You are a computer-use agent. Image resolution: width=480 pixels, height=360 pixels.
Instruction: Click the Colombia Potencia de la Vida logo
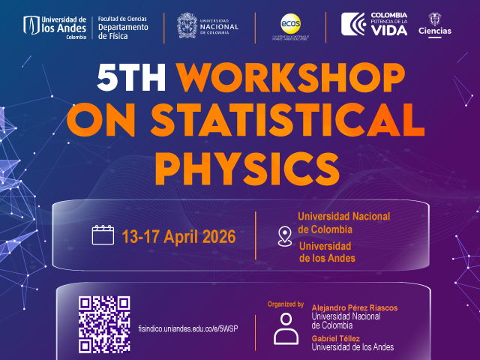click(375, 24)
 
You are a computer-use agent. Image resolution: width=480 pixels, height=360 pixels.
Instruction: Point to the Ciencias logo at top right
click(434, 24)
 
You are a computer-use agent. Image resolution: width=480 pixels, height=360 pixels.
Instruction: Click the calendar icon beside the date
click(102, 235)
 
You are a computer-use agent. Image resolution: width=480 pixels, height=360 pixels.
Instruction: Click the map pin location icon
click(284, 235)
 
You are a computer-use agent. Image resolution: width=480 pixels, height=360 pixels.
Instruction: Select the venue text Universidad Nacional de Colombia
click(343, 223)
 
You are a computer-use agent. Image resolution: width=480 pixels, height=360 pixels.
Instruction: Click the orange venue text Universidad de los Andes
click(328, 252)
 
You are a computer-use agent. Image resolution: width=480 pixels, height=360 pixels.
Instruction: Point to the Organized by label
click(285, 304)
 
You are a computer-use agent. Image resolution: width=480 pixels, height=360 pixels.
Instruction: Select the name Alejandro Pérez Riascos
click(355, 308)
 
